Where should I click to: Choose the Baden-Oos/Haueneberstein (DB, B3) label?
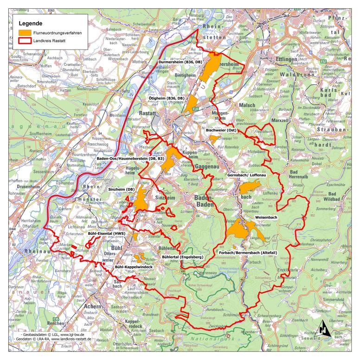(131, 159)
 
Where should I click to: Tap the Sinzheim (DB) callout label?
(122, 190)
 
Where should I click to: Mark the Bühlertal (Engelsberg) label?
(177, 256)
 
